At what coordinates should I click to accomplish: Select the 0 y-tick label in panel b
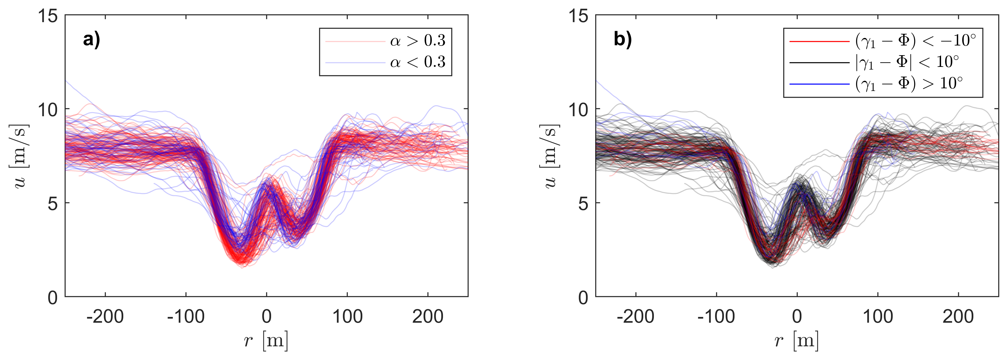point(583,298)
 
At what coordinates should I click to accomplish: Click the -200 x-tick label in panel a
point(105,316)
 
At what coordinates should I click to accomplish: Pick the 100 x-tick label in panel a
point(347,316)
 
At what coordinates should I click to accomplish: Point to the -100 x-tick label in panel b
point(716,316)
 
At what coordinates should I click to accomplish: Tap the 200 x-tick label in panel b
point(958,316)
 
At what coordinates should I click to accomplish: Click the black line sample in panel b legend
point(819,62)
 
